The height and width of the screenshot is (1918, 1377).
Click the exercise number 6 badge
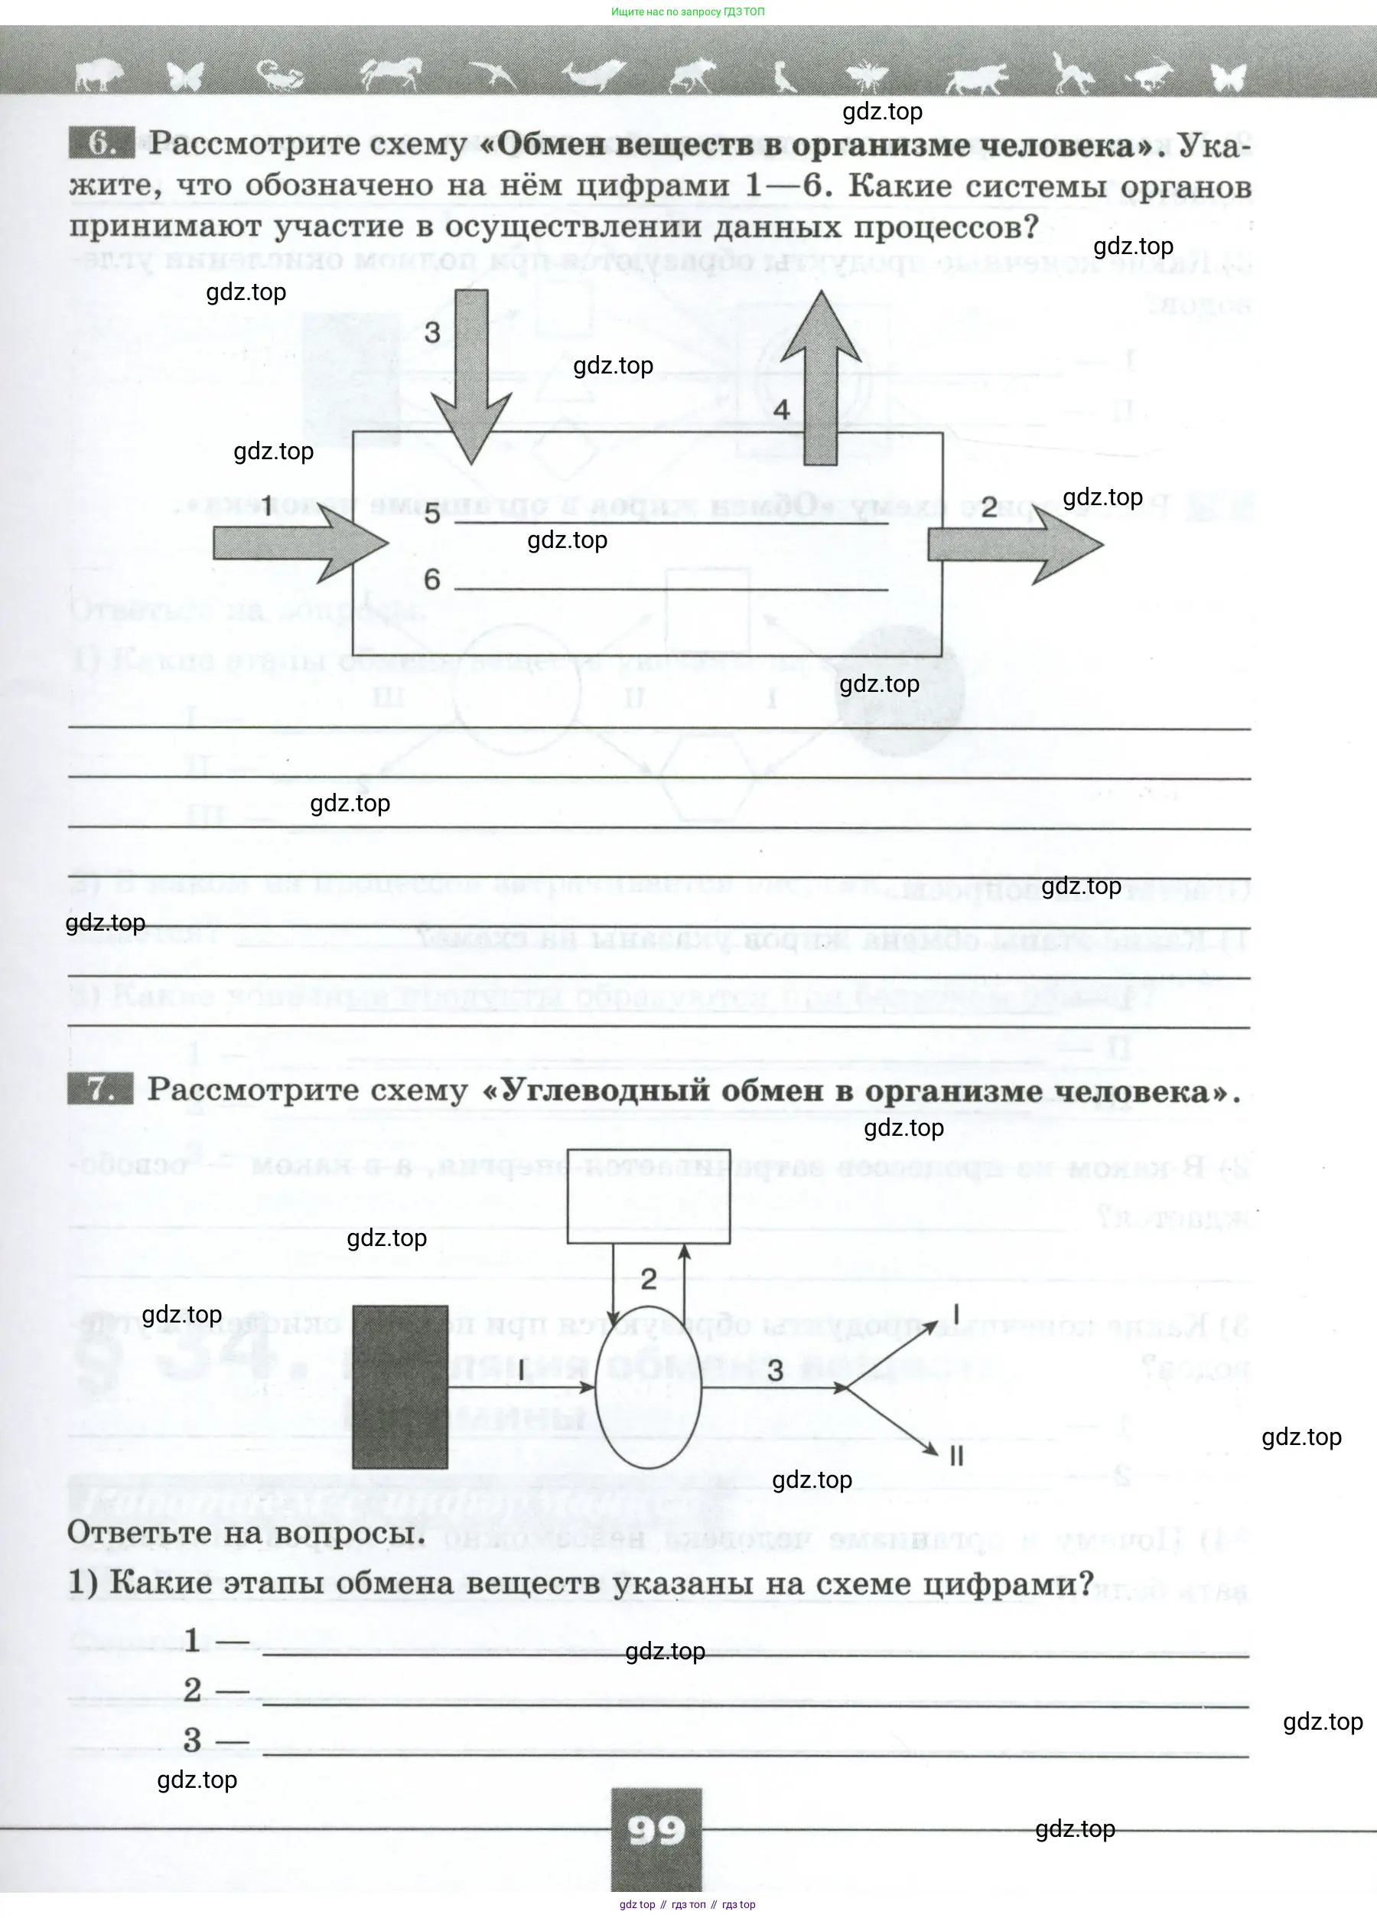click(x=100, y=143)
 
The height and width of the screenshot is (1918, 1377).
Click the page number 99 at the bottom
click(x=655, y=1830)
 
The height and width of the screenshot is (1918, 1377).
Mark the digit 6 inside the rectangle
click(x=432, y=579)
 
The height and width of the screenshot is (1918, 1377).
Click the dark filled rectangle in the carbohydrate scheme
click(x=400, y=1387)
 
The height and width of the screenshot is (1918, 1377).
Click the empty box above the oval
click(x=649, y=1195)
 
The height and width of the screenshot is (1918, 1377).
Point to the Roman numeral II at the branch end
click(x=956, y=1456)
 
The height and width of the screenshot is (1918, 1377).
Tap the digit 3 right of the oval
click(x=775, y=1371)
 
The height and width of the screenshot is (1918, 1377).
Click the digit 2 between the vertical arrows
click(x=649, y=1279)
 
